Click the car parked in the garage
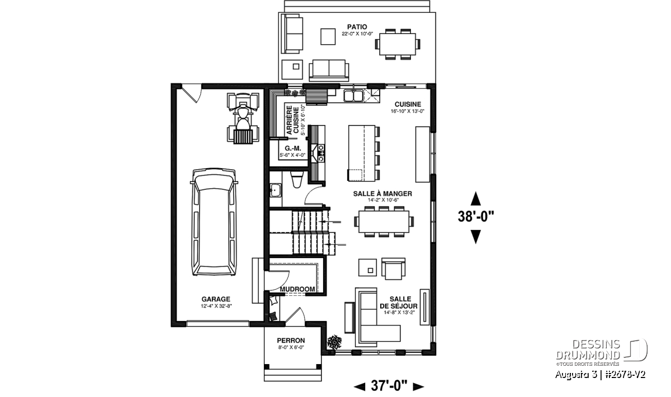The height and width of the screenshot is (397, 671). [x=214, y=222]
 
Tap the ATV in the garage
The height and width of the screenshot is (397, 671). [x=243, y=118]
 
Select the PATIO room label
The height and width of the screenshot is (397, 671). [x=357, y=27]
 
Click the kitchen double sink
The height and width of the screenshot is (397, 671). [x=353, y=95]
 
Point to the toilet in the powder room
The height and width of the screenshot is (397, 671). [x=297, y=179]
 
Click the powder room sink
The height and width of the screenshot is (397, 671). [x=275, y=190]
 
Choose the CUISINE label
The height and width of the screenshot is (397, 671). [x=408, y=104]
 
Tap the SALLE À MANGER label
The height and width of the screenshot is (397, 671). [x=382, y=194]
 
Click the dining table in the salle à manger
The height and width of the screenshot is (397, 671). [x=384, y=222]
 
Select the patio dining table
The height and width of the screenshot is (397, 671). [x=398, y=44]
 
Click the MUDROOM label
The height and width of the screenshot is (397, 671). [x=297, y=289]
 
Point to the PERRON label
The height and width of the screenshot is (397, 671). [x=291, y=341]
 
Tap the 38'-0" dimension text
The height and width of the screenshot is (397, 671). [x=476, y=217]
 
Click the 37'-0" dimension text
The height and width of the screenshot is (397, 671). [x=389, y=386]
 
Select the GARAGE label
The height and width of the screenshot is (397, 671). [x=216, y=299]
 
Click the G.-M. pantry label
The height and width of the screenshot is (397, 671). [x=292, y=149]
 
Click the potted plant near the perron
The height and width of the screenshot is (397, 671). [x=334, y=342]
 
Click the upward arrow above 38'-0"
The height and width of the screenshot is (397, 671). [x=476, y=199]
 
